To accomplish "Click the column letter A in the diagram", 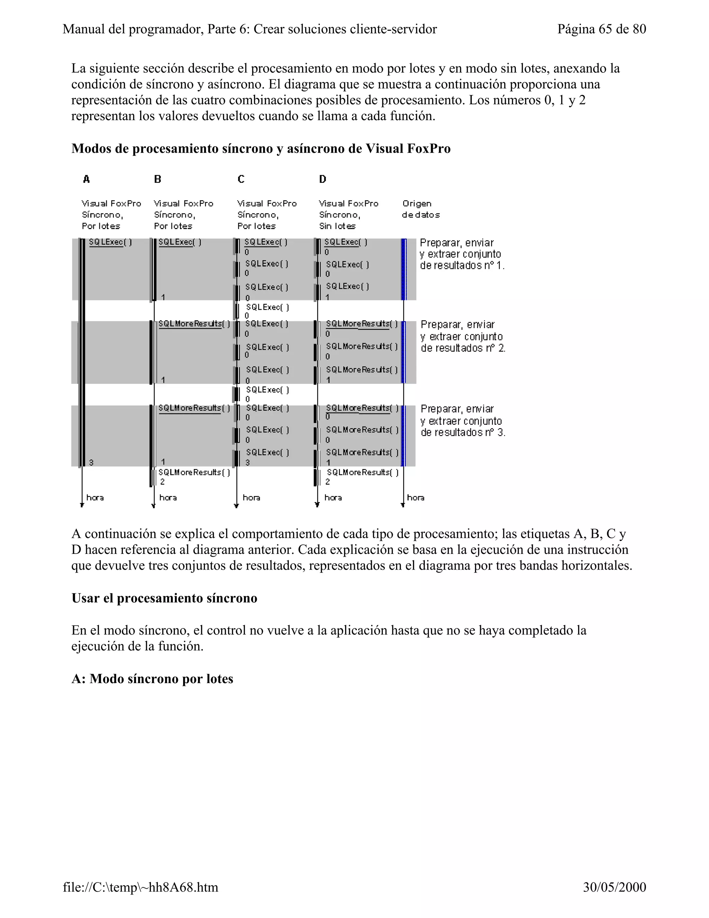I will click(x=87, y=179).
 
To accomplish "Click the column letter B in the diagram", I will click(x=158, y=179).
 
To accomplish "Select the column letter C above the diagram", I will click(x=241, y=179).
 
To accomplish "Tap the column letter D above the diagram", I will click(x=322, y=179).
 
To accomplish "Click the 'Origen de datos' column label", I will click(x=420, y=209).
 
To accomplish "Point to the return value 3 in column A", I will click(x=91, y=462).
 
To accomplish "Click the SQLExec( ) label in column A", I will click(x=110, y=242).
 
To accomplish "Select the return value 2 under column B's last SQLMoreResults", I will click(x=162, y=482).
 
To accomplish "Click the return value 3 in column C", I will click(x=248, y=462).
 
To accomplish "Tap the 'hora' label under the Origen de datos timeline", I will click(x=415, y=498).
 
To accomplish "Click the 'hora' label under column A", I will click(x=95, y=498).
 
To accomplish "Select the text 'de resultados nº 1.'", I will click(x=462, y=266).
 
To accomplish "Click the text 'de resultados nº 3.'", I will click(x=463, y=433).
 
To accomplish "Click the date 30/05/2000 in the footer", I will click(x=614, y=887).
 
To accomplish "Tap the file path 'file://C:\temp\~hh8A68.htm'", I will click(x=140, y=887).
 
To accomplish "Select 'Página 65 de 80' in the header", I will click(x=601, y=29).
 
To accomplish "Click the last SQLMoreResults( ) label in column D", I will click(x=362, y=473).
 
